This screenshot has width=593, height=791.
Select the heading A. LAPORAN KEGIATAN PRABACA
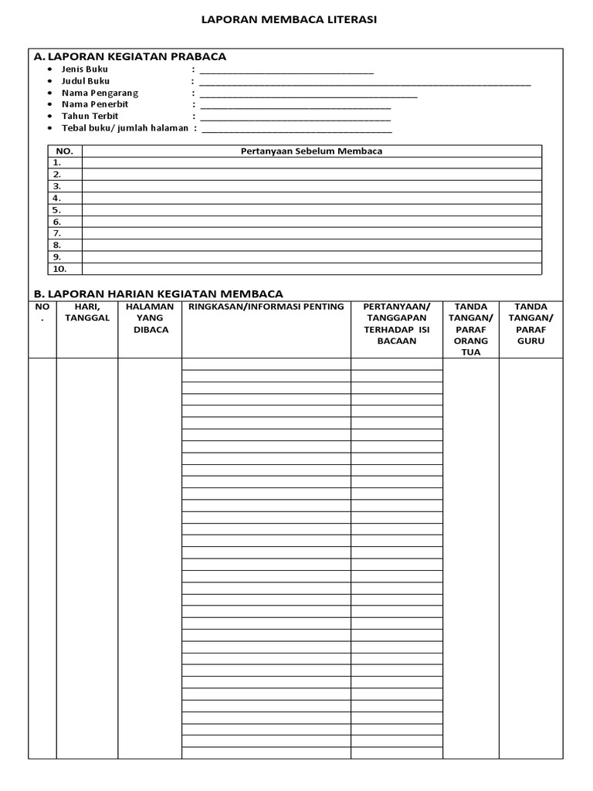[x=130, y=56]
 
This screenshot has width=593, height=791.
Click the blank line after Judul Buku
[x=364, y=82]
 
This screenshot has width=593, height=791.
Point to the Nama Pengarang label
[x=100, y=93]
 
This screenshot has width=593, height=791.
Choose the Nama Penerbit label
[x=95, y=104]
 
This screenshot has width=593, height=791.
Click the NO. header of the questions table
[x=65, y=151]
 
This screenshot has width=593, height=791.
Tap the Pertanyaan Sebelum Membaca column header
[x=312, y=151]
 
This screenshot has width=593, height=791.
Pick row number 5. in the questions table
[x=57, y=210]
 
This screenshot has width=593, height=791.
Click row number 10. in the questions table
[x=59, y=269]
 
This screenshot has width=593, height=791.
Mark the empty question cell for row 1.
[x=312, y=163]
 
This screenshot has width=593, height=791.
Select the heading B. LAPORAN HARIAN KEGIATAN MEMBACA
[x=158, y=294]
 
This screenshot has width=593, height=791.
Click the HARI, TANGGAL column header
[x=87, y=312]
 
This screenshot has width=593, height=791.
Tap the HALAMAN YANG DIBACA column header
[x=150, y=317]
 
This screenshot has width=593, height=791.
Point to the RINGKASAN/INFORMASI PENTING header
[x=266, y=307]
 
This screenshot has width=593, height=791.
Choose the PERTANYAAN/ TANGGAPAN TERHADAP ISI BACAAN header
[x=397, y=324]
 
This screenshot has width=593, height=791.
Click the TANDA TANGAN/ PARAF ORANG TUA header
[x=471, y=329]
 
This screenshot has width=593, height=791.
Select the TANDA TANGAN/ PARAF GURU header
[x=530, y=324]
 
